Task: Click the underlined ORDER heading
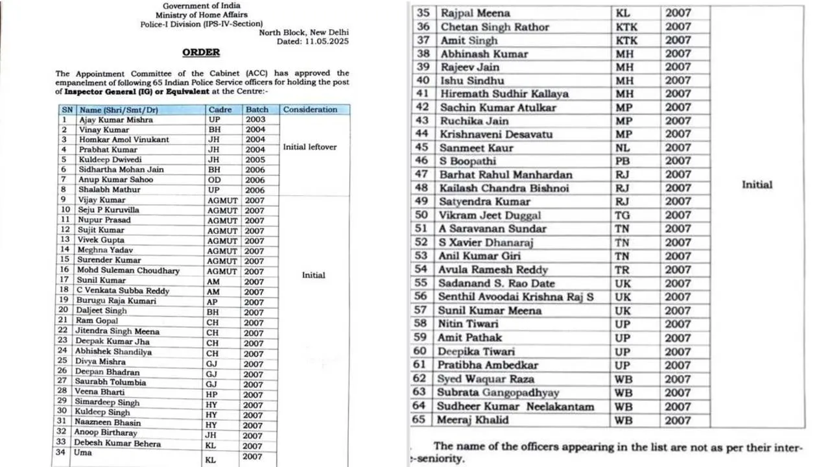[x=201, y=52]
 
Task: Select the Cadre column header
[x=219, y=110]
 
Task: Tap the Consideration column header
[x=310, y=110]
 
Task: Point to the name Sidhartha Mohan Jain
[x=121, y=169]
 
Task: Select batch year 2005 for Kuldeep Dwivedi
[x=255, y=160]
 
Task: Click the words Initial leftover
[x=310, y=147]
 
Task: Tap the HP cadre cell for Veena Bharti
[x=213, y=394]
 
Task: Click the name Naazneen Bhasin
[x=108, y=423]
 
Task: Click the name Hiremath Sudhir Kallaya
[x=504, y=93]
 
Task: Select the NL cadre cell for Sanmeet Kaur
[x=623, y=148]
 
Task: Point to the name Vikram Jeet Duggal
[x=490, y=215]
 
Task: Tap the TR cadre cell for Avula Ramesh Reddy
[x=623, y=270]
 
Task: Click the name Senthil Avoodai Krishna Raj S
[x=516, y=297]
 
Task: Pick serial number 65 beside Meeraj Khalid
[x=422, y=420]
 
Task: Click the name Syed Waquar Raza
[x=486, y=379]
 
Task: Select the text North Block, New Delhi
[x=303, y=32]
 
